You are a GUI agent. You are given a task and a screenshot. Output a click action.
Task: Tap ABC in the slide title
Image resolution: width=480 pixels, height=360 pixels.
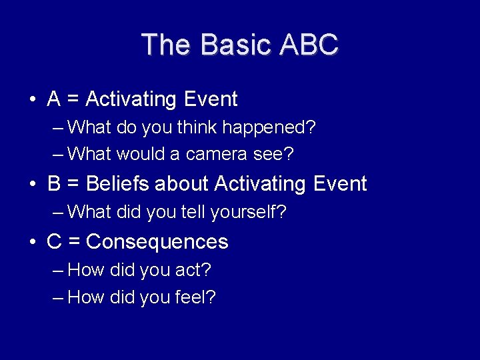(x=309, y=45)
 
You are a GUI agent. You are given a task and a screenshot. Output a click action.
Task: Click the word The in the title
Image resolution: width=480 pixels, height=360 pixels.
(x=167, y=45)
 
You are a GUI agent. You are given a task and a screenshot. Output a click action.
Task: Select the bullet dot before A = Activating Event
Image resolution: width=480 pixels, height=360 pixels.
(x=33, y=100)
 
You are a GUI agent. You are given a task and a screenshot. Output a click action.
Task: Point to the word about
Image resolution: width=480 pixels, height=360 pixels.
(x=183, y=183)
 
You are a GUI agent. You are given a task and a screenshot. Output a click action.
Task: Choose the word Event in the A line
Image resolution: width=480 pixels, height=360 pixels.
(x=210, y=99)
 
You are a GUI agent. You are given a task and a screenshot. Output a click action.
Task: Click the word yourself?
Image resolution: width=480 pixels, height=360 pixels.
(x=249, y=212)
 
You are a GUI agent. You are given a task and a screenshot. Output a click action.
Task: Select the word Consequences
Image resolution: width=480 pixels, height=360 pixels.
(x=157, y=241)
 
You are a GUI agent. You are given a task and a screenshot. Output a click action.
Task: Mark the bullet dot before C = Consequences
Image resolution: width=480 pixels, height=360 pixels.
(x=33, y=242)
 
